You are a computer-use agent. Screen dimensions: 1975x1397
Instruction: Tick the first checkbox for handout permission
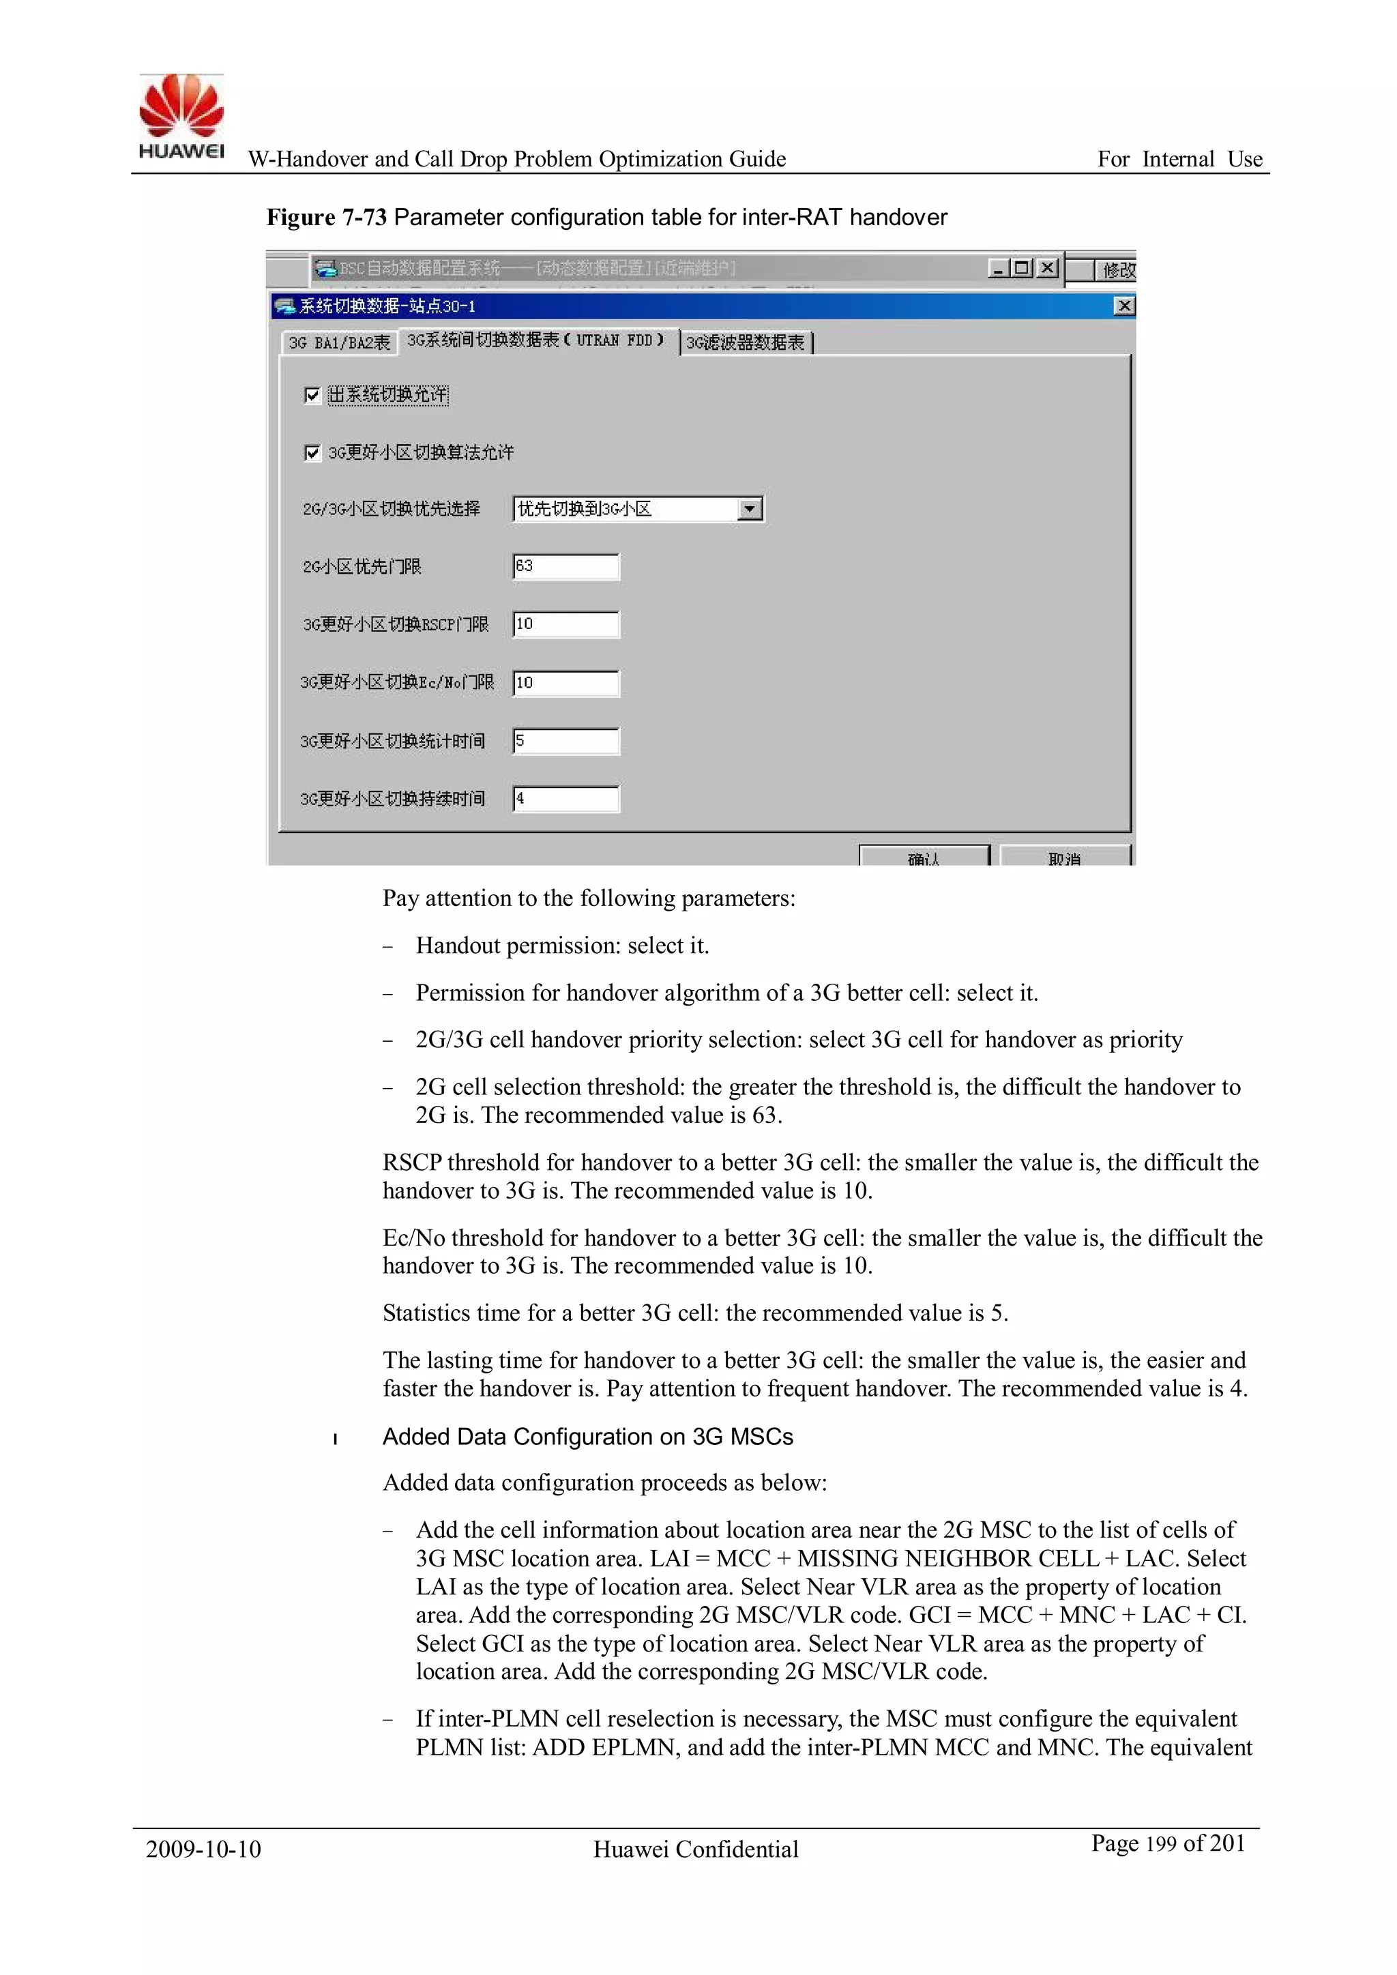click(x=312, y=395)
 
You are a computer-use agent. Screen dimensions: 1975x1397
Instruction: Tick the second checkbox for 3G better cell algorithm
click(x=312, y=452)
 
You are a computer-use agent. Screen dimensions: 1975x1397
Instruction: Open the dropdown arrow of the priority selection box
click(x=750, y=509)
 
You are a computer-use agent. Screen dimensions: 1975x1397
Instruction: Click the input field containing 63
click(x=565, y=567)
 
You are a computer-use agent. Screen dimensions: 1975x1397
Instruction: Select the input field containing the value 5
click(x=565, y=742)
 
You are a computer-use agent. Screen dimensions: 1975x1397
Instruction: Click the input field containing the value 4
click(x=565, y=799)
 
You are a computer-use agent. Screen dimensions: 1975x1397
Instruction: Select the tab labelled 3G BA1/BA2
click(x=339, y=343)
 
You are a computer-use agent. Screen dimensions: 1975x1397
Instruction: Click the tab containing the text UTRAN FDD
click(x=536, y=340)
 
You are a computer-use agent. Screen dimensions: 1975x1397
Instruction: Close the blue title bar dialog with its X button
click(x=1123, y=306)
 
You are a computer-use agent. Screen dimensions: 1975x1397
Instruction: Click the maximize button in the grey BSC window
click(x=1021, y=267)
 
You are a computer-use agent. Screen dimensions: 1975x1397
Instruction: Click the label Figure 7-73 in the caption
click(x=326, y=218)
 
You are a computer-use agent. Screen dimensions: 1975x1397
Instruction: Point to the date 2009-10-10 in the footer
click(x=203, y=1849)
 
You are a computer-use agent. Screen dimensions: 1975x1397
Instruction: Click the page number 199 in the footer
click(x=1160, y=1844)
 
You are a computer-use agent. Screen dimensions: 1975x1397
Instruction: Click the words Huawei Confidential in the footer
click(x=695, y=1849)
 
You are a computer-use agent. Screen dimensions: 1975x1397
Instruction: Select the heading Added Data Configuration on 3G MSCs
click(x=587, y=1437)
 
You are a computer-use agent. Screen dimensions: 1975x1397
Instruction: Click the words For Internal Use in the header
click(x=1179, y=159)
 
